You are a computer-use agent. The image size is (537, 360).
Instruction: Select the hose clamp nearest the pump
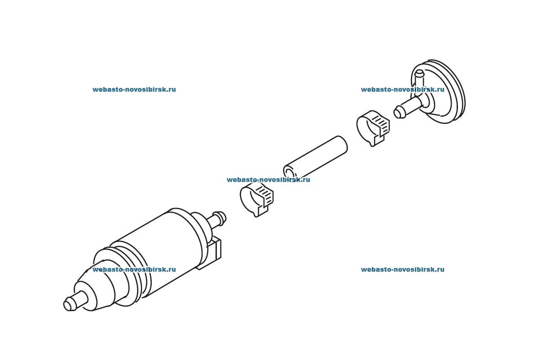click(x=257, y=199)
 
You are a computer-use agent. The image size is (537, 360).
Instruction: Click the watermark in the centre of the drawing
click(x=268, y=180)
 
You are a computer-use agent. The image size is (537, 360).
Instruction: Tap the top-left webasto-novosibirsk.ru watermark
click(x=134, y=89)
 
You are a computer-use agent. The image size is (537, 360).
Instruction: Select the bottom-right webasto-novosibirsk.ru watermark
click(x=402, y=269)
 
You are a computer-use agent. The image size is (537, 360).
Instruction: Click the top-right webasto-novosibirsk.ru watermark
click(x=402, y=89)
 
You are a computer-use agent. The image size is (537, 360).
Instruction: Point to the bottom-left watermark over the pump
click(x=134, y=269)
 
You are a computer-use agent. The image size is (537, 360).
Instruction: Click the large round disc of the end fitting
click(x=442, y=92)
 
